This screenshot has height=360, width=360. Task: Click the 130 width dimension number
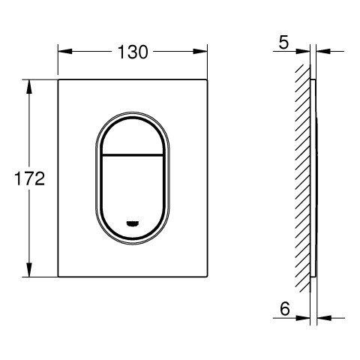coord(133,52)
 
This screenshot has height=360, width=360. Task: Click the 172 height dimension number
coord(29,178)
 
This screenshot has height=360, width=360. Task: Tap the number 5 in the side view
coord(283,43)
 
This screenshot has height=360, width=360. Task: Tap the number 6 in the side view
coord(285,309)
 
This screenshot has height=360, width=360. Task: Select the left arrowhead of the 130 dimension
coord(65,52)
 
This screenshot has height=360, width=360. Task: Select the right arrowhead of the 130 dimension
coord(200,52)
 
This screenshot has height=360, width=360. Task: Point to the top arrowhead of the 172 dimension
coord(29,87)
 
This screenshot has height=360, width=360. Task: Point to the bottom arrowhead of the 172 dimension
coord(29,270)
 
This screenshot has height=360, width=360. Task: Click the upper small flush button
coord(133,137)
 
